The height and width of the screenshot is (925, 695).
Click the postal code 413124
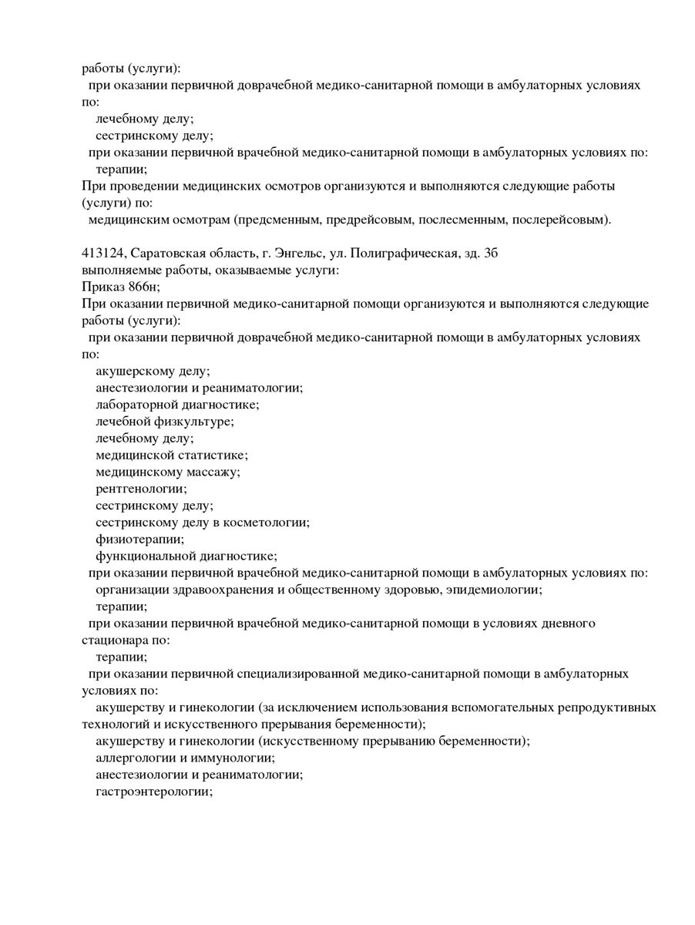coord(102,254)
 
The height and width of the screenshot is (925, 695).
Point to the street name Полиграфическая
coord(408,254)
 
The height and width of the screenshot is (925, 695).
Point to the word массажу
coord(213,472)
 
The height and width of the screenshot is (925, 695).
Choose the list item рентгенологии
coord(141,489)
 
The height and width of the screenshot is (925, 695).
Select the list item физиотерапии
coord(139,540)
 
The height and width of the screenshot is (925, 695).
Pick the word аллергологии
coord(133,758)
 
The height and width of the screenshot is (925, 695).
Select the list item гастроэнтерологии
coord(153,792)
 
